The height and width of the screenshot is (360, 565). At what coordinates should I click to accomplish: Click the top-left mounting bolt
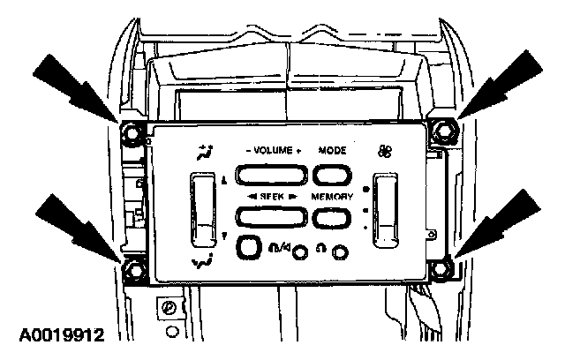[132, 134]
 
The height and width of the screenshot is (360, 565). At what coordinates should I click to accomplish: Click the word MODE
[333, 150]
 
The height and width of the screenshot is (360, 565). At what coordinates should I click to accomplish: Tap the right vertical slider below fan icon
[387, 209]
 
